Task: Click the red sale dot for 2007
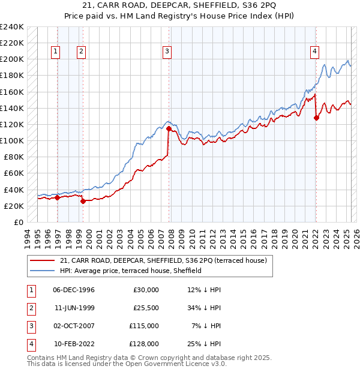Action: [169, 128]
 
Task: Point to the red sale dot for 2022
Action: [316, 118]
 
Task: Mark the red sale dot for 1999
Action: [83, 202]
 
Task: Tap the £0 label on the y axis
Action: [18, 222]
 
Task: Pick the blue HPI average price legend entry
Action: [130, 271]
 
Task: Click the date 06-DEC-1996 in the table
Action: [73, 290]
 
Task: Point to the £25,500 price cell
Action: [145, 308]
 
